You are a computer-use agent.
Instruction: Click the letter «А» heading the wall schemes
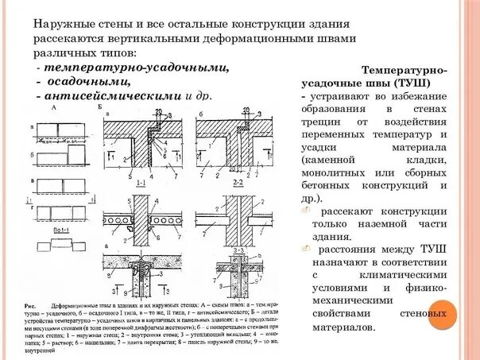(x=54, y=106)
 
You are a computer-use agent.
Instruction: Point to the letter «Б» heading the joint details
(x=99, y=106)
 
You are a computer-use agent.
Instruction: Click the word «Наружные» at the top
(x=60, y=25)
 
